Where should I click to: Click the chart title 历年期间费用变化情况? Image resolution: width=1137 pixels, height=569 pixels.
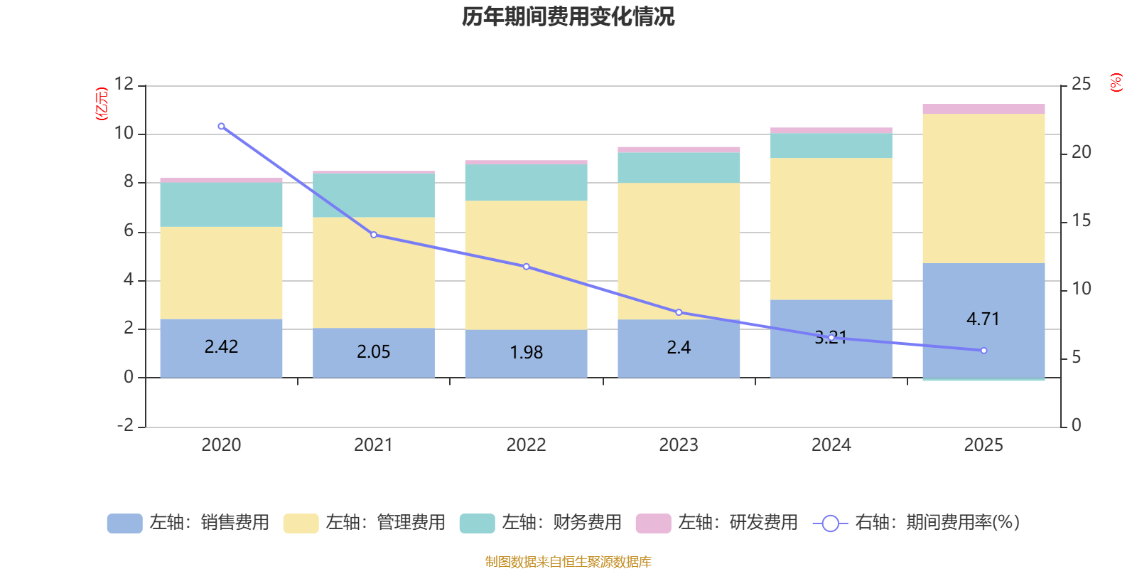568,16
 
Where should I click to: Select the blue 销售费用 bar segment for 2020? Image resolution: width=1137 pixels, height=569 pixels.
221,363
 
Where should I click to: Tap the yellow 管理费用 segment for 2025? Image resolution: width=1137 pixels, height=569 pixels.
984,188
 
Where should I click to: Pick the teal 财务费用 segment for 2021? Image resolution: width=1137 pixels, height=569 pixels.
374,195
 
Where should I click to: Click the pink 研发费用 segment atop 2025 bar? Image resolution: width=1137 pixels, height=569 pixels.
984,109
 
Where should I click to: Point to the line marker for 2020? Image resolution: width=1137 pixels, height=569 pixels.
221,126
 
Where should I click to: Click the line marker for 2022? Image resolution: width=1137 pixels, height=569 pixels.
526,267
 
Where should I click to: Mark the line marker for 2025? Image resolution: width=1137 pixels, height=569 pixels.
984,351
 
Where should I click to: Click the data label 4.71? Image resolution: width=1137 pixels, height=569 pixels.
983,319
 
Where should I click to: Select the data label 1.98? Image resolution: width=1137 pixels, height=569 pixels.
526,352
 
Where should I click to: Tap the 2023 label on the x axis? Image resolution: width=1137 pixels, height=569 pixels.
679,445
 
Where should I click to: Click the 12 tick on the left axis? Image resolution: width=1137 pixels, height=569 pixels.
124,84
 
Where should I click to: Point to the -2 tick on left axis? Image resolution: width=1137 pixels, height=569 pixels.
125,425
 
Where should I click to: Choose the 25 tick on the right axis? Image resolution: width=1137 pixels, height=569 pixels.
1081,84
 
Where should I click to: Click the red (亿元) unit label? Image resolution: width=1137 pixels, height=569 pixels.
102,104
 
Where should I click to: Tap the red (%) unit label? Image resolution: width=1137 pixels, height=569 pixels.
1116,83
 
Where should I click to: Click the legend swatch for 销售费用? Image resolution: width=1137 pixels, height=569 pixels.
124,523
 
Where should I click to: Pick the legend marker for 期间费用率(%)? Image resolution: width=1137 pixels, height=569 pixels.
830,523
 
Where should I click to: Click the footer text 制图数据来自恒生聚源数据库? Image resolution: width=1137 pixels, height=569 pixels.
568,562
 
